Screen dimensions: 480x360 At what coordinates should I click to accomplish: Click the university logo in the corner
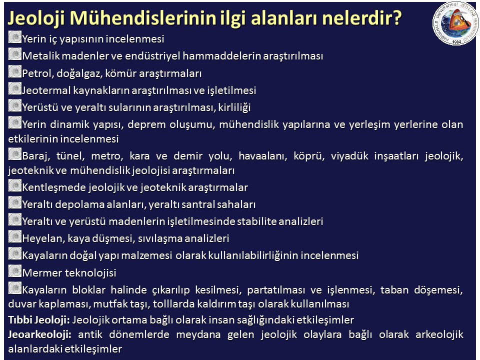tap(455, 23)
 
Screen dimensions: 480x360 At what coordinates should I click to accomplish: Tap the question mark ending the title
tap(396, 18)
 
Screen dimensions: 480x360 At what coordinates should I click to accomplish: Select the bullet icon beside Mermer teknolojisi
tap(14, 271)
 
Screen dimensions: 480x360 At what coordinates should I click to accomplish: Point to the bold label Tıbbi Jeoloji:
tap(39, 320)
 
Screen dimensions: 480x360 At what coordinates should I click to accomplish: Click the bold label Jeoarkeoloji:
tap(39, 334)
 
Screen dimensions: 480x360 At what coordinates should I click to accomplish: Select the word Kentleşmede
tap(54, 187)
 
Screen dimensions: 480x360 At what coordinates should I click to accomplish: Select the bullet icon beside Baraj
tap(14, 154)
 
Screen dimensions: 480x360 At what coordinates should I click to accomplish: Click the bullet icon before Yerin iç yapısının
tap(14, 37)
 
